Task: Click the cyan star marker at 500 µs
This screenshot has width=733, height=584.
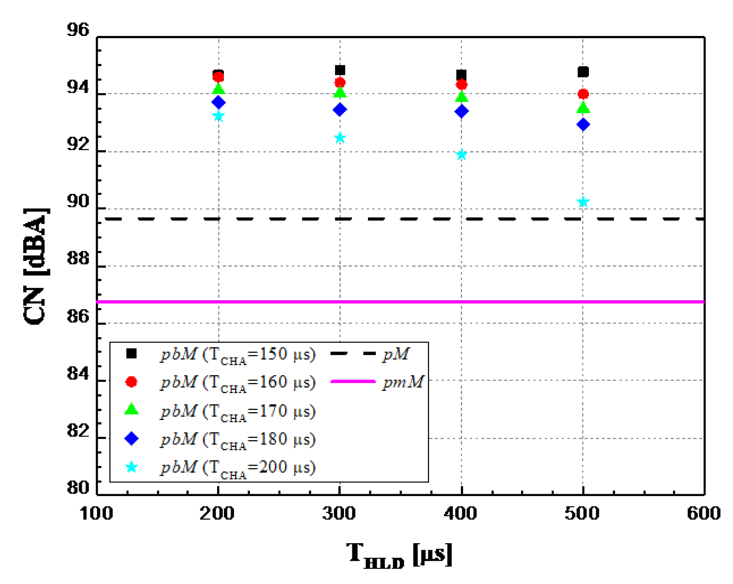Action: [x=583, y=203]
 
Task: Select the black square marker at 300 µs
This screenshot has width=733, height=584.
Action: [x=340, y=70]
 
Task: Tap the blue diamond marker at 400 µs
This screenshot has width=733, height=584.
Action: [x=461, y=111]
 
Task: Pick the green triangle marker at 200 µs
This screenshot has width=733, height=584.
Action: [x=218, y=89]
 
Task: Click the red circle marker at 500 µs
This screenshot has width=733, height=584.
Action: [x=583, y=94]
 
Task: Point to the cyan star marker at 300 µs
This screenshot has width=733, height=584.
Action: [x=340, y=138]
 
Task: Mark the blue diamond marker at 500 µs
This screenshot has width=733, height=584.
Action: [x=583, y=124]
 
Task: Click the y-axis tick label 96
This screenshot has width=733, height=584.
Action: [x=78, y=30]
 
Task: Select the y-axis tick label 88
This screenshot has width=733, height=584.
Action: [x=78, y=258]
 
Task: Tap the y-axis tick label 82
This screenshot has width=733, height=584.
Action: [x=78, y=431]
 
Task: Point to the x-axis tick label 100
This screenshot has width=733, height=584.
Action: [x=96, y=513]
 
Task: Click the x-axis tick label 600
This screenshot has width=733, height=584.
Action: [x=704, y=513]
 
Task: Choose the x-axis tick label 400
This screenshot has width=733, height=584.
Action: [x=460, y=513]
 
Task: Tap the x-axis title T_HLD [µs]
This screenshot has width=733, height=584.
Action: [x=399, y=555]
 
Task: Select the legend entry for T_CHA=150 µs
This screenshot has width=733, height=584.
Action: [x=238, y=354]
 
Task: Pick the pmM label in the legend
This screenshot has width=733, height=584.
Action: [x=403, y=382]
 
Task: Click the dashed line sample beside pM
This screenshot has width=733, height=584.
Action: [x=353, y=353]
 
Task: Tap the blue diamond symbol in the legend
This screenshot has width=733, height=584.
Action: [x=131, y=438]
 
